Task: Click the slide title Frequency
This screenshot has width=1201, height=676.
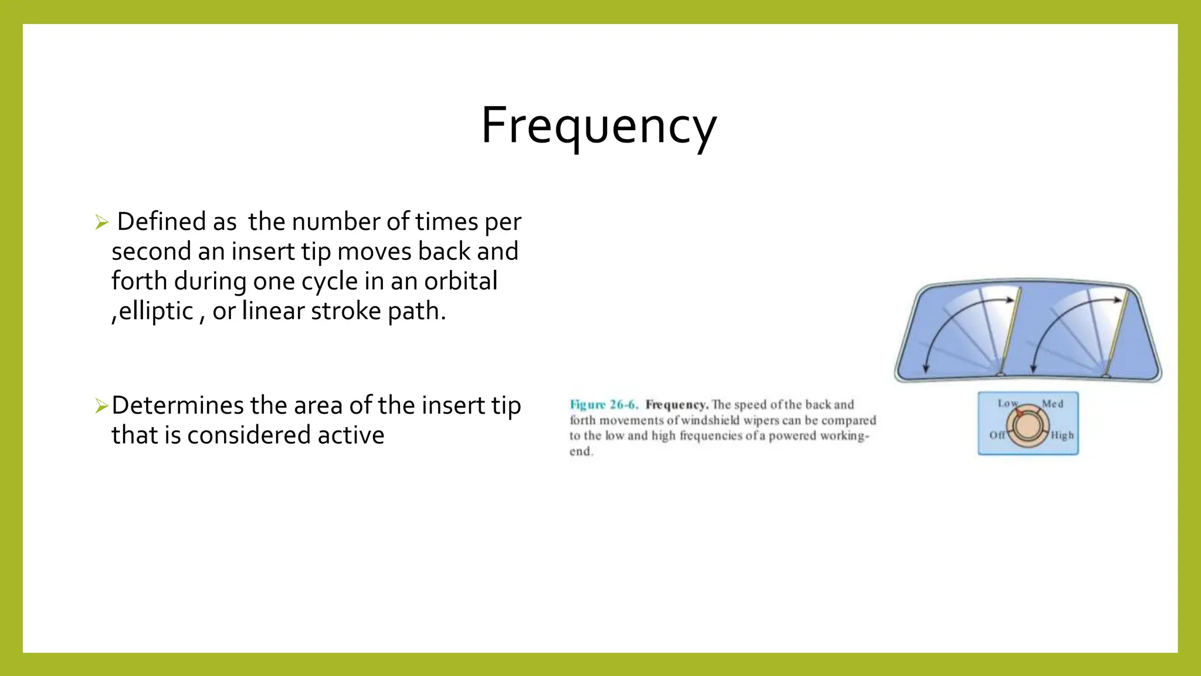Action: pos(599,126)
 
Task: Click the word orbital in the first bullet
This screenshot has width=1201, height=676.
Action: pos(460,281)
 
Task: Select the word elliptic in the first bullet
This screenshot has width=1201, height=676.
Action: pos(155,311)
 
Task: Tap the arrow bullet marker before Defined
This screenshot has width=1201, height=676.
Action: pos(102,222)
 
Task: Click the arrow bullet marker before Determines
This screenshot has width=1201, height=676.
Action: pos(102,405)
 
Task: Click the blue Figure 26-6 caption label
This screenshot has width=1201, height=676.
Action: pos(603,405)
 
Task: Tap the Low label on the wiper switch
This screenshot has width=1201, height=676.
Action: pos(1007,403)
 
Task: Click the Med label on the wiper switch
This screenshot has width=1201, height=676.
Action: pos(1052,404)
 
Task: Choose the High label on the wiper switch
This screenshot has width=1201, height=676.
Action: pos(1062,435)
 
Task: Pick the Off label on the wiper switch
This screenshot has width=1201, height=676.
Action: pos(997,435)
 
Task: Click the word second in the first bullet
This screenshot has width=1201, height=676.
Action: pos(151,252)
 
